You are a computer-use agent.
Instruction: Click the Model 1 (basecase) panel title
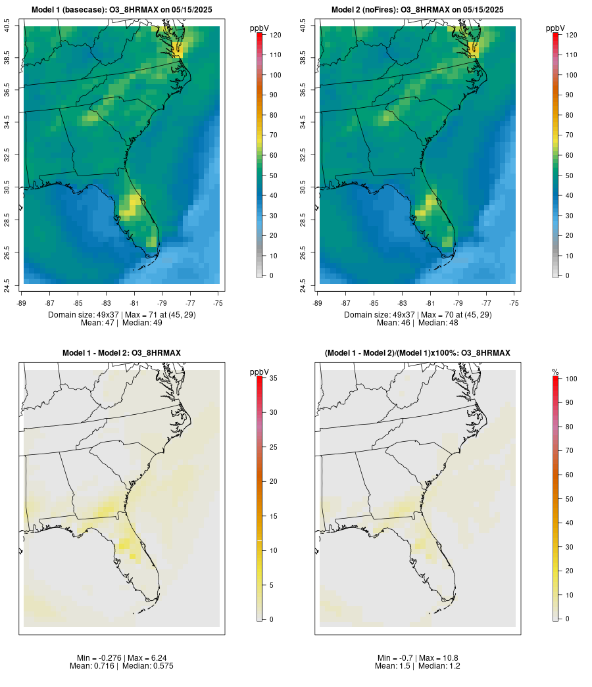(x=122, y=10)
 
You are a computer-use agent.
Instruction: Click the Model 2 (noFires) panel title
(x=418, y=10)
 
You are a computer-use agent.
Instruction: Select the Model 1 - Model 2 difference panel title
(x=122, y=353)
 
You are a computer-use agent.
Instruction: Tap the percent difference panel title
(x=418, y=353)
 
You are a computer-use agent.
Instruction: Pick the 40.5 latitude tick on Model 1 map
(x=7, y=26)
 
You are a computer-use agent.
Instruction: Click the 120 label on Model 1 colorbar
(x=275, y=35)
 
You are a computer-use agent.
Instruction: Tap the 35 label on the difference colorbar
(x=275, y=378)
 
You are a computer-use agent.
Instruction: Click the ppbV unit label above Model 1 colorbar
(x=259, y=28)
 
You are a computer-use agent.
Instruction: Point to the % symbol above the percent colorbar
(x=555, y=372)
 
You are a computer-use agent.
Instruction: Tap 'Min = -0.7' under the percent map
(x=394, y=657)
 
